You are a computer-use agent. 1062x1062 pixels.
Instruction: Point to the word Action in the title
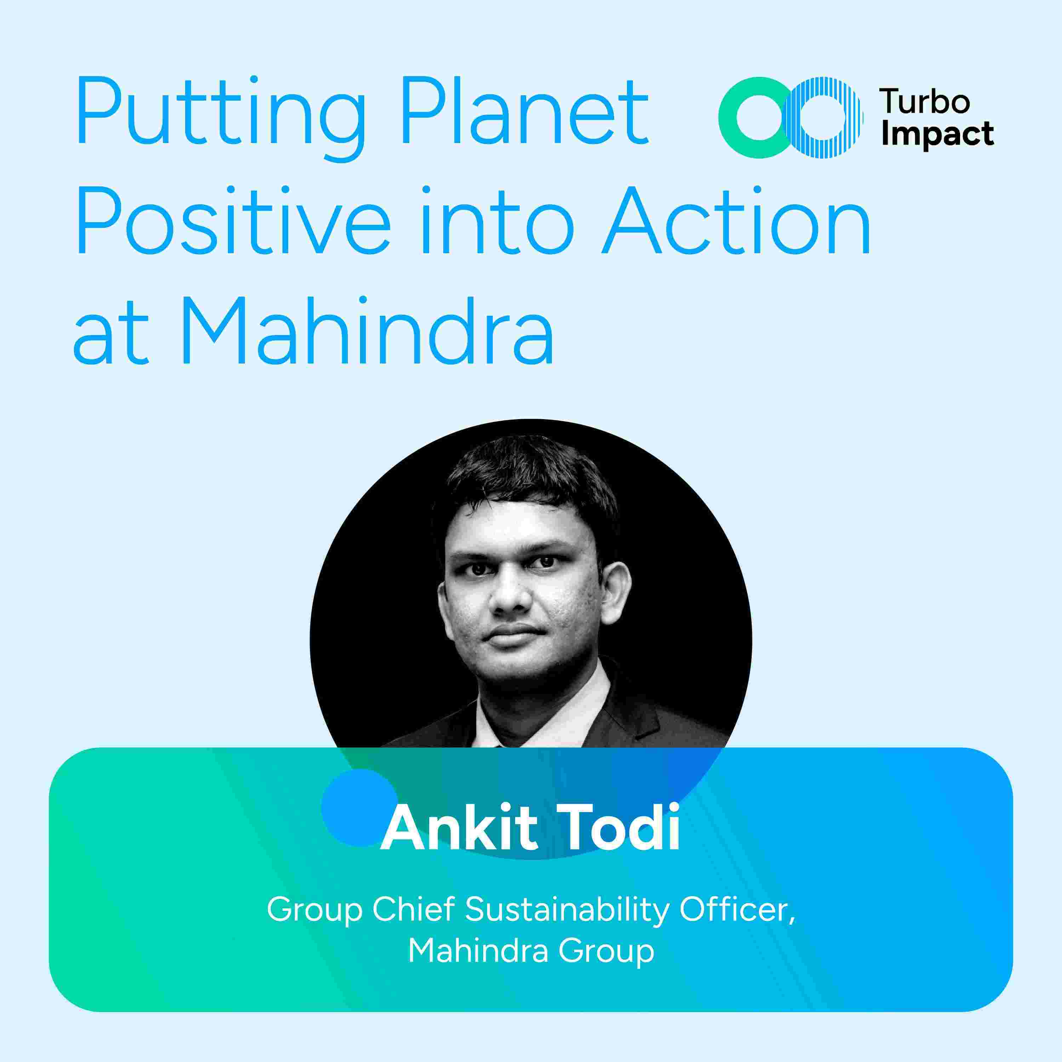coord(737,220)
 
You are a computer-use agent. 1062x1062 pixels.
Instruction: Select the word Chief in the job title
coord(415,910)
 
